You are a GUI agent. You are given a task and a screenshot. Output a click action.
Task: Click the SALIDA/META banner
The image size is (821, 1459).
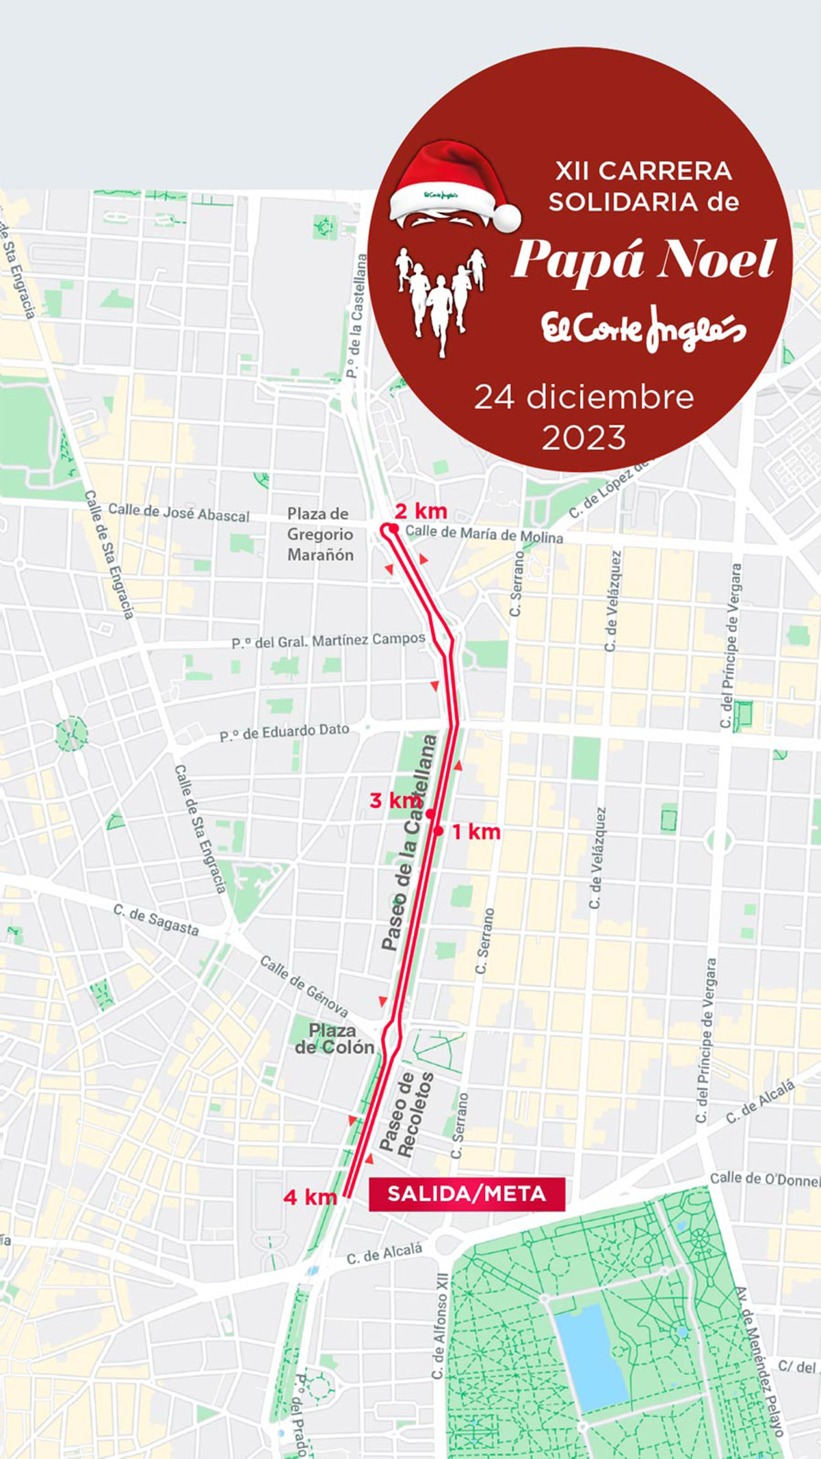(467, 1194)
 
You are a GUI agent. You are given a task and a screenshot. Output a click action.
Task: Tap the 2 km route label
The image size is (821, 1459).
(421, 510)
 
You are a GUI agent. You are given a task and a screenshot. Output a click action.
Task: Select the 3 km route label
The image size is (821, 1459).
(394, 800)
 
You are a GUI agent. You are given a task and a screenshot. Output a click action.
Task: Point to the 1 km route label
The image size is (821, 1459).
(476, 832)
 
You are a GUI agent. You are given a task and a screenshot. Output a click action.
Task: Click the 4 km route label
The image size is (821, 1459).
(310, 1196)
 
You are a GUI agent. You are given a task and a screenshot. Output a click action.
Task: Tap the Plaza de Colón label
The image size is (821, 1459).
(334, 1038)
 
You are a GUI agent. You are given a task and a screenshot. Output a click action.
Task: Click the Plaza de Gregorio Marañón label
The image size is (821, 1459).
(320, 534)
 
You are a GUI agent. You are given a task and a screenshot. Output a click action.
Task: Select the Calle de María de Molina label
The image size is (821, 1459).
(484, 534)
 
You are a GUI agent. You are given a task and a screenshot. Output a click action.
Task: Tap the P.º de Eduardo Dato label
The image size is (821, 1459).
(284, 732)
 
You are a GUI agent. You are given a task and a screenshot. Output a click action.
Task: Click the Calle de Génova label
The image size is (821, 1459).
(304, 986)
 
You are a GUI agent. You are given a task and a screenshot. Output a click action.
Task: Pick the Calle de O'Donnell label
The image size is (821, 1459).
(764, 1178)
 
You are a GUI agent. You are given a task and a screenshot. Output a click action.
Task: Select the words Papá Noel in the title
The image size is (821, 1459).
(643, 261)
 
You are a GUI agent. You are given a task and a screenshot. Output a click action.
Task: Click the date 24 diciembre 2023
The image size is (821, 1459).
(584, 417)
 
